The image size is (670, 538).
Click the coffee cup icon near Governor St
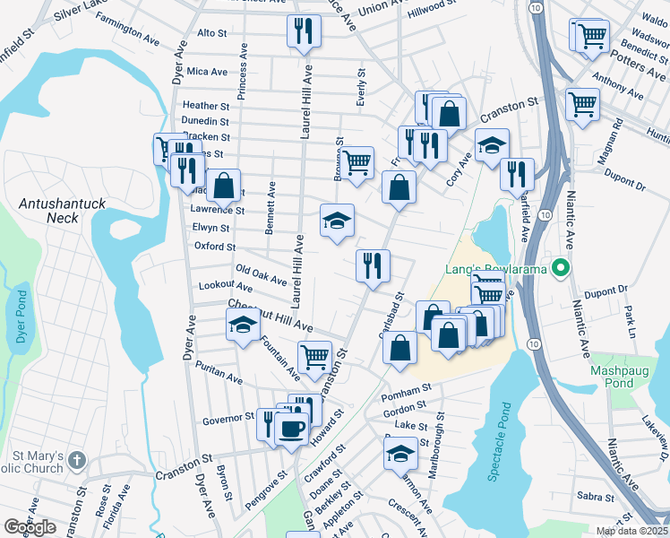click(291, 428)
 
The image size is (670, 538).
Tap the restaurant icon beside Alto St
click(304, 30)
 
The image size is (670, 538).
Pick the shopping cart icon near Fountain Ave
click(314, 357)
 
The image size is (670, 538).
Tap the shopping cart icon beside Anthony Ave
click(582, 104)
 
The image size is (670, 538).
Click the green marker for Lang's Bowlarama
click(561, 267)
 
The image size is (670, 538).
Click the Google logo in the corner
click(30, 527)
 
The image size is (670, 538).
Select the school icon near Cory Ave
click(491, 145)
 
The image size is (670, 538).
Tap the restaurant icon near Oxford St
click(373, 265)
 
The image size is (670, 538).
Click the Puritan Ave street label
click(221, 380)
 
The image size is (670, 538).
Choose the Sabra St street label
click(595, 496)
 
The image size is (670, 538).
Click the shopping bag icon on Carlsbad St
click(399, 347)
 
